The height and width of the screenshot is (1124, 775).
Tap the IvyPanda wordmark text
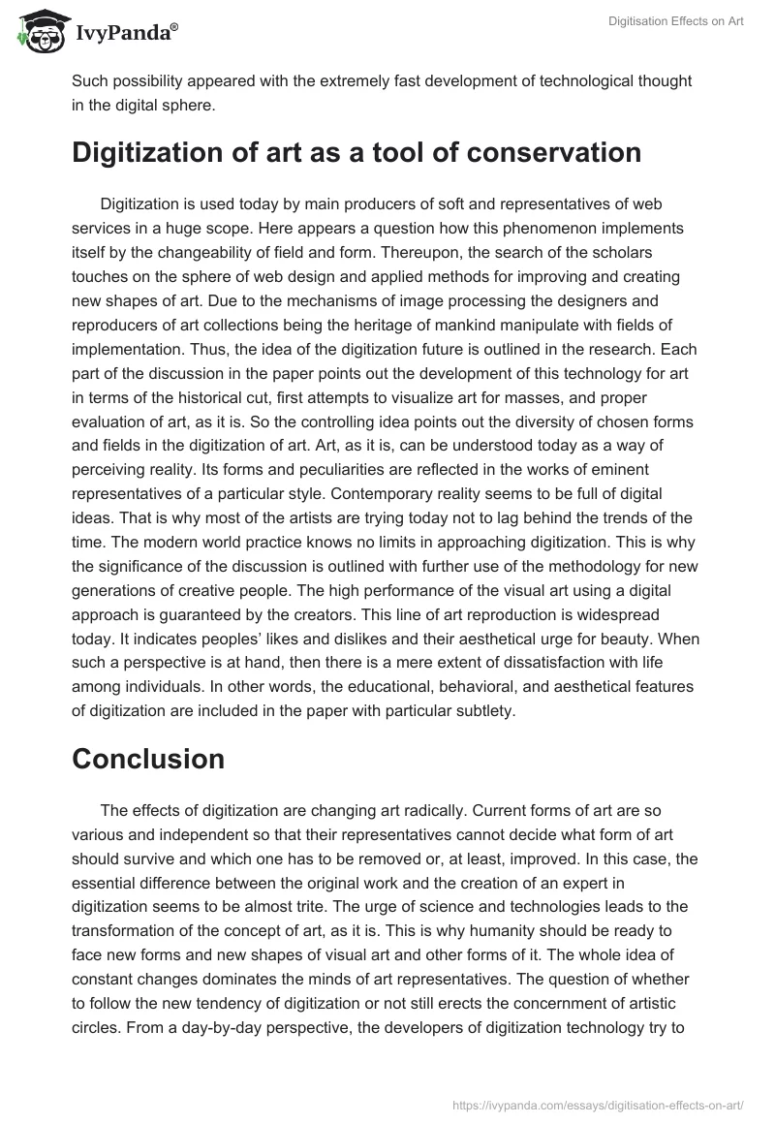tap(122, 32)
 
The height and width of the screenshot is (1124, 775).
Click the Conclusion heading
tap(148, 760)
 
